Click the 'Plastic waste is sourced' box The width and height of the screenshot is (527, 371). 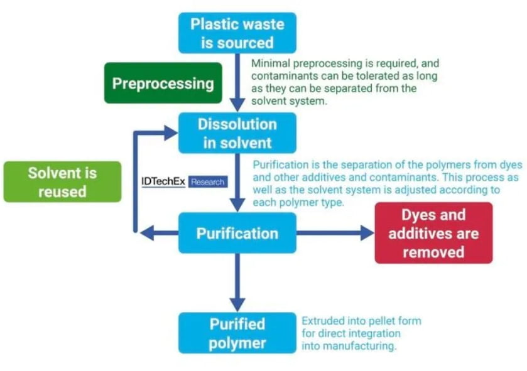237,33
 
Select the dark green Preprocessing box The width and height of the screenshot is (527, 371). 163,83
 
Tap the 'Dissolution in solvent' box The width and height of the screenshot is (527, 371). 237,133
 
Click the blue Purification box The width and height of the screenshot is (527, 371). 237,233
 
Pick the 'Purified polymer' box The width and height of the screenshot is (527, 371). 237,333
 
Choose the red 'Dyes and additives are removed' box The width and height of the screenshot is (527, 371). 433,233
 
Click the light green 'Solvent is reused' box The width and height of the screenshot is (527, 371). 63,181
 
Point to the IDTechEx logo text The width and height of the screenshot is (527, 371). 163,181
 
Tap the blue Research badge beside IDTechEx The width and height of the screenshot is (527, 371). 208,181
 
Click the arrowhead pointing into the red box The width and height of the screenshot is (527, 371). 367,233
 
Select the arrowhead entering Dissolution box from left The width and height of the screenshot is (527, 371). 171,133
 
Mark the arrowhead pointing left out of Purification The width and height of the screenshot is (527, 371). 147,233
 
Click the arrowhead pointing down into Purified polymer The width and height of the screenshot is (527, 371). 237,305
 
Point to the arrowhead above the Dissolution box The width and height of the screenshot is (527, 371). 237,105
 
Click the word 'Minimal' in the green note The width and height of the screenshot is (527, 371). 271,63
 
